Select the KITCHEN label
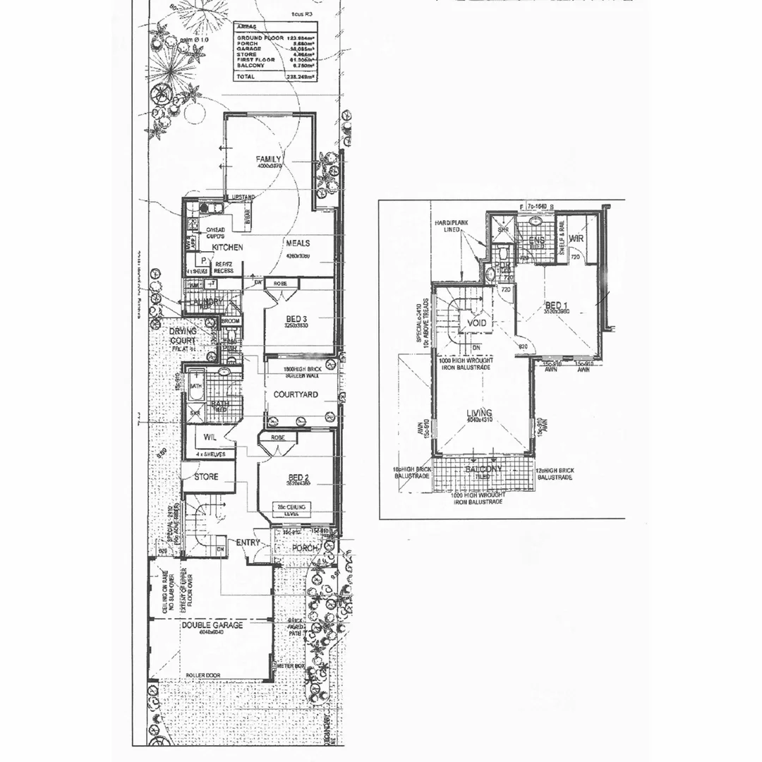pyautogui.click(x=227, y=248)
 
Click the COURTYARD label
pyautogui.click(x=295, y=394)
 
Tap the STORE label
pyautogui.click(x=207, y=477)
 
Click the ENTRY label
pyautogui.click(x=248, y=543)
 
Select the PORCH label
pyautogui.click(x=306, y=548)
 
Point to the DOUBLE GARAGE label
pyautogui.click(x=212, y=625)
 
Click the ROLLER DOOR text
pyautogui.click(x=202, y=675)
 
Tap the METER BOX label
pyautogui.click(x=289, y=665)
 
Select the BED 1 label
pyautogui.click(x=557, y=306)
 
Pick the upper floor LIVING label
pyautogui.click(x=479, y=413)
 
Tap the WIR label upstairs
pyautogui.click(x=575, y=238)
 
